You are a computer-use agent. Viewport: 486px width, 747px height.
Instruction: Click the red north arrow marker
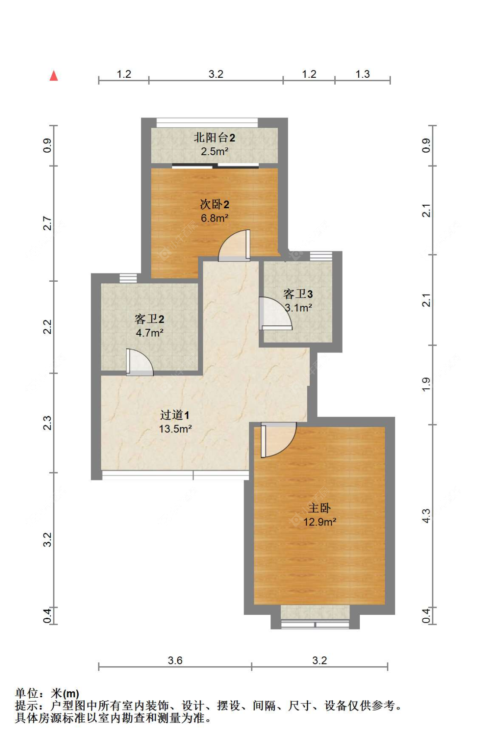click(54, 76)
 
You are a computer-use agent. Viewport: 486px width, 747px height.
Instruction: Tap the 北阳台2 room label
click(214, 138)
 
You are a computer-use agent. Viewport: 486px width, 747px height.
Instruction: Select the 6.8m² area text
click(214, 218)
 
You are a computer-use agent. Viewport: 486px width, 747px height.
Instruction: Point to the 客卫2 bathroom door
click(140, 362)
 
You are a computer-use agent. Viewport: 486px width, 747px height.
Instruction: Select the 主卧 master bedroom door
click(278, 439)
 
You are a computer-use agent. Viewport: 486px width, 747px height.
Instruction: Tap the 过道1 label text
click(175, 415)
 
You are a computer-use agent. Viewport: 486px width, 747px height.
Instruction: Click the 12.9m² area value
click(320, 522)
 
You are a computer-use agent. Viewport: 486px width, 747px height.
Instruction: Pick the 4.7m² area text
click(149, 333)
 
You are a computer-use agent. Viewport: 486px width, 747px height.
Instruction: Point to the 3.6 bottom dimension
click(175, 660)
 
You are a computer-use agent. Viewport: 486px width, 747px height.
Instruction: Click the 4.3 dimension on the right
click(426, 516)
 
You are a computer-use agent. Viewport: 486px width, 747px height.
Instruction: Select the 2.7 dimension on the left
click(47, 223)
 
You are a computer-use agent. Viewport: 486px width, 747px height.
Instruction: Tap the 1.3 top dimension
click(362, 74)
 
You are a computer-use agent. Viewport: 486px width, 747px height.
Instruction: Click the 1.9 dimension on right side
click(426, 385)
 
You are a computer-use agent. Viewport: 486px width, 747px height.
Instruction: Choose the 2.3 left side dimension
click(47, 423)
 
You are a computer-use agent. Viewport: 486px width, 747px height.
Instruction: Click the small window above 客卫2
click(128, 278)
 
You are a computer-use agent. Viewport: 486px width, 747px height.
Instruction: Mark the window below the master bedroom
click(315, 624)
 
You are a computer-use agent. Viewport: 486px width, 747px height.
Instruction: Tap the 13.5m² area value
click(175, 429)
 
